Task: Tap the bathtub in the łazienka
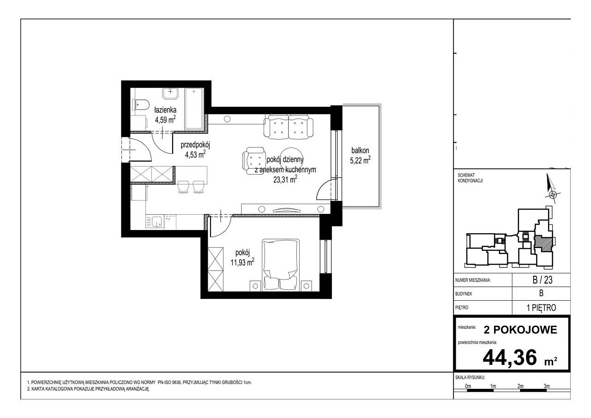click(x=194, y=109)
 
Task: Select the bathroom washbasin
click(x=170, y=94)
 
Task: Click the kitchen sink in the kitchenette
click(x=155, y=222)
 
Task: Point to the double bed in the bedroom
click(x=280, y=265)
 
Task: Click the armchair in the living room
click(x=253, y=161)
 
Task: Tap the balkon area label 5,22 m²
click(x=360, y=160)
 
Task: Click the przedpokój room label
click(x=195, y=145)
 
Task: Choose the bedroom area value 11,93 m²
click(x=242, y=262)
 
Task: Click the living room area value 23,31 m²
click(x=285, y=180)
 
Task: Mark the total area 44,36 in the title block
click(x=510, y=357)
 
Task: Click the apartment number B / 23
click(x=543, y=280)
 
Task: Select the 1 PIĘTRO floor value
click(x=542, y=308)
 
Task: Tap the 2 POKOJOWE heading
click(x=520, y=330)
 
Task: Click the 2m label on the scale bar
click(x=520, y=386)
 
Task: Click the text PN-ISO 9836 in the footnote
click(x=169, y=382)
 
